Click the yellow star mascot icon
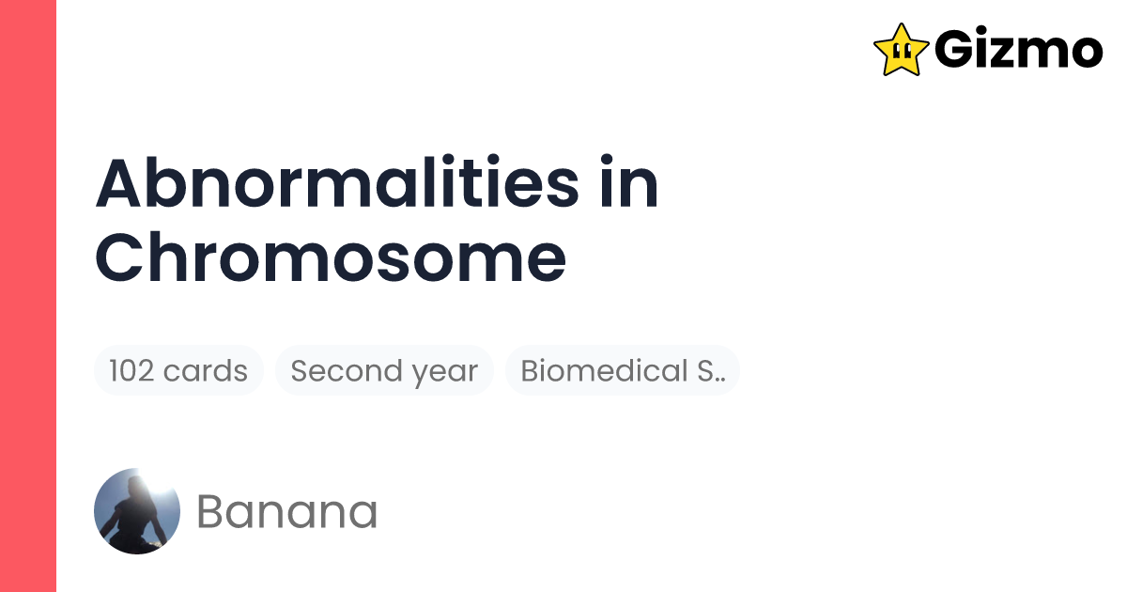click(901, 49)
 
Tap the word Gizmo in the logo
click(1018, 49)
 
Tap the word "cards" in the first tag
click(205, 371)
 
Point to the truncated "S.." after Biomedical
click(711, 371)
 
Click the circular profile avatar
click(137, 511)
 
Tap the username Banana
click(287, 512)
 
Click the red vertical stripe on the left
click(28, 296)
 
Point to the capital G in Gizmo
click(954, 49)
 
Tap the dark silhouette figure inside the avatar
click(133, 517)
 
